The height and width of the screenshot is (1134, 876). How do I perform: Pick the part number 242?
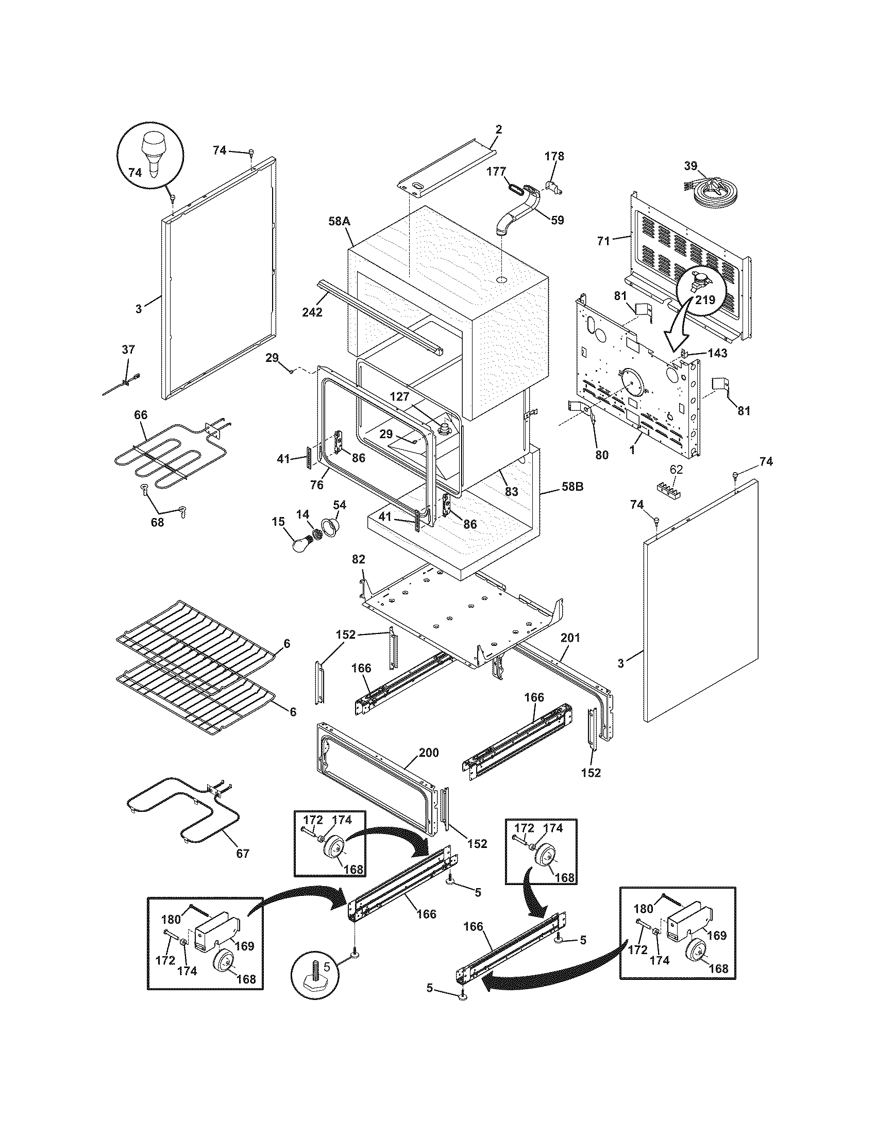click(x=312, y=312)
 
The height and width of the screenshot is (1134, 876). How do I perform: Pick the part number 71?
click(x=603, y=240)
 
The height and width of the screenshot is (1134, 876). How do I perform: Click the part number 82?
click(x=359, y=559)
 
